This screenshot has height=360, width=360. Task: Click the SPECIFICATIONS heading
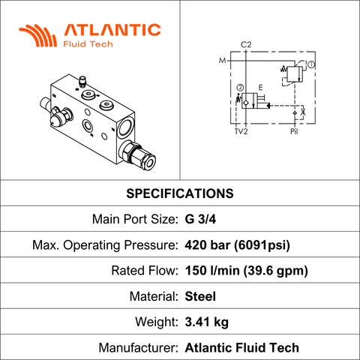[180, 193]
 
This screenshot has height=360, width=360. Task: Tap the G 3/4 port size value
[200, 219]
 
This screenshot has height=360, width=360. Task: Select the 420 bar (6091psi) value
[238, 245]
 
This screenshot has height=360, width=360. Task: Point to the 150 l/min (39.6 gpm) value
[247, 271]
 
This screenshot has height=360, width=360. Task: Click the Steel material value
[200, 296]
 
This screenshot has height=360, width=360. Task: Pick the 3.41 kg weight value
[207, 322]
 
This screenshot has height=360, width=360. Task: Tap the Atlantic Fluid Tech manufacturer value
[242, 348]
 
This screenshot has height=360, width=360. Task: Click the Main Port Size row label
[135, 219]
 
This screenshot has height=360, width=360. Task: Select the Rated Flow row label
[145, 271]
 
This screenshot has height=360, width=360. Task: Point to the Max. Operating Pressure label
[105, 245]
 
